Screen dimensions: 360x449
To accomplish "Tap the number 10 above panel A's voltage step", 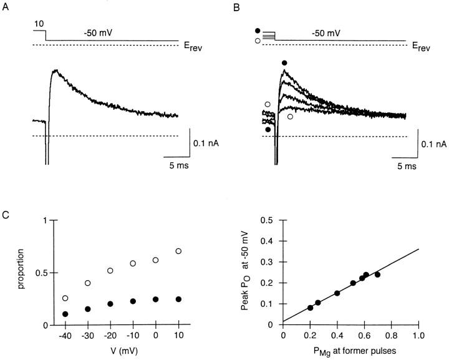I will tap(39, 22).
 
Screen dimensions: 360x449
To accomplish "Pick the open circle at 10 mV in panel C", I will tap(178, 251).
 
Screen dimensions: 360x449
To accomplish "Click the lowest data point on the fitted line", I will tap(311, 308).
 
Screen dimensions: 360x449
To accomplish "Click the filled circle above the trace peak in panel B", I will tap(284, 62).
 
